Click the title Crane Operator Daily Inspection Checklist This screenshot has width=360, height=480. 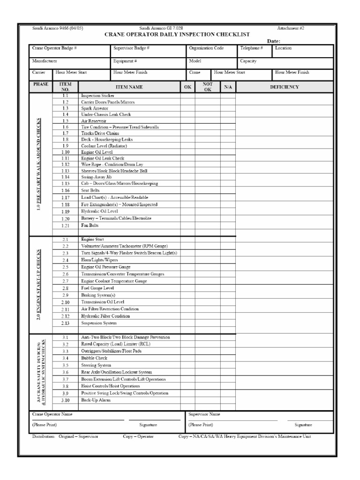click(177, 34)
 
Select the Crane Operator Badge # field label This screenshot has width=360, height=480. click(54, 48)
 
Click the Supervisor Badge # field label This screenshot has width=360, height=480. click(131, 48)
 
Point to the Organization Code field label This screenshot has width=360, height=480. click(206, 48)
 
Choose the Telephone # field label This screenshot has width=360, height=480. click(252, 48)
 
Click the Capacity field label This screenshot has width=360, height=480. click(248, 61)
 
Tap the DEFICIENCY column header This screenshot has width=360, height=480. click(284, 87)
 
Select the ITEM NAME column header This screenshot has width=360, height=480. click(129, 87)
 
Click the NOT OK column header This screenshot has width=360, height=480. click(208, 87)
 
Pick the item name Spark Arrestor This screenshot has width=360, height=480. click(95, 108)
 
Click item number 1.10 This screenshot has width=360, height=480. click(65, 152)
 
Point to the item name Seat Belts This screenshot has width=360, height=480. click(90, 190)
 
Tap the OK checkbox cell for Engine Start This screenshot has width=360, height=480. click(187, 240)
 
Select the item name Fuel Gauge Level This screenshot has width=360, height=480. click(97, 288)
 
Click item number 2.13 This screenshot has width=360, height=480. click(65, 323)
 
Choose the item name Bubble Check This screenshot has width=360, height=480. click(94, 358)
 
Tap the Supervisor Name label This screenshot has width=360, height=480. click(204, 414)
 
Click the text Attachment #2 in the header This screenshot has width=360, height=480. click(291, 29)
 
